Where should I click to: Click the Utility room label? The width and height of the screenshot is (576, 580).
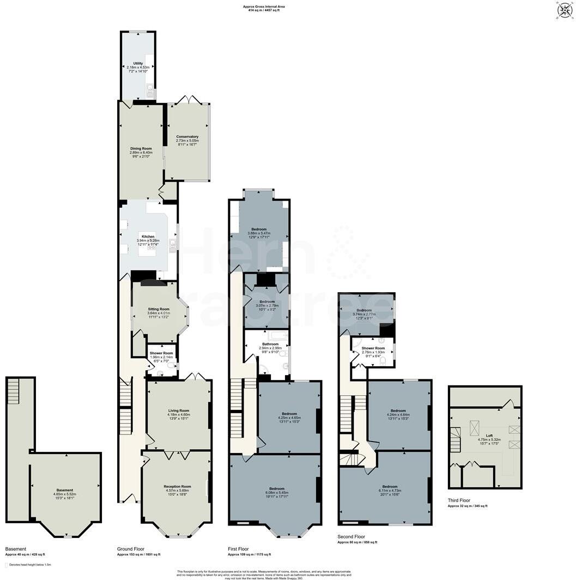(137, 63)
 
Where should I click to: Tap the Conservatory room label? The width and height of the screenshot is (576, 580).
(187, 137)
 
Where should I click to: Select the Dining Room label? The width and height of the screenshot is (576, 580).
(141, 148)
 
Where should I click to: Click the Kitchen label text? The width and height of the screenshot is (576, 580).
(148, 237)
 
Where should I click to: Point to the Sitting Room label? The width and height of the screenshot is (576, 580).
(159, 309)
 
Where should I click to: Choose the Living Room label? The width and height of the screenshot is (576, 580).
(178, 410)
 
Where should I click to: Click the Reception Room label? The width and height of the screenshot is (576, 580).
(178, 486)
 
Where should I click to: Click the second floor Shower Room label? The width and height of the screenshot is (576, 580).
(373, 348)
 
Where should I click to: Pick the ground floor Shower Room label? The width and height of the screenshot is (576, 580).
(161, 353)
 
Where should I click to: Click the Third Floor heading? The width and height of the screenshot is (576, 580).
(459, 500)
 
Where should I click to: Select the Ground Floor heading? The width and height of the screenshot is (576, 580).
(131, 548)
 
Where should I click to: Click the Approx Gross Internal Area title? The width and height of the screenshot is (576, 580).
(264, 7)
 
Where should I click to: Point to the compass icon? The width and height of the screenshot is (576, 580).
(565, 10)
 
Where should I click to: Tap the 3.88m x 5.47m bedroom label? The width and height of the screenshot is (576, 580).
(259, 229)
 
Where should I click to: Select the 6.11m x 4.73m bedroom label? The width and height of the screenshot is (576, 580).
(390, 486)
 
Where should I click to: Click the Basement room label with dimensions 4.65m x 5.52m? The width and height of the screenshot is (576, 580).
(64, 490)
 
